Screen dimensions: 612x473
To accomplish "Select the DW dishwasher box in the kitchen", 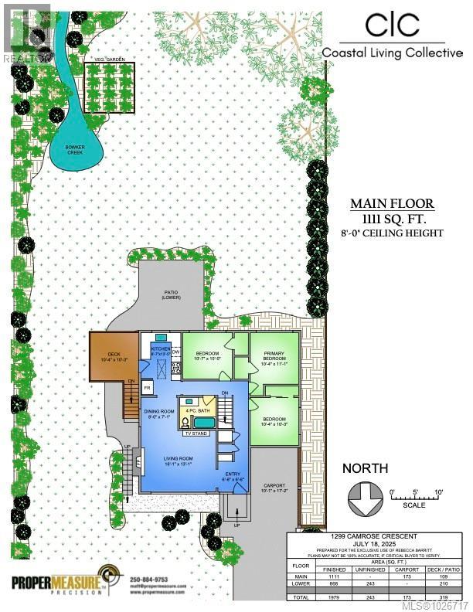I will pyautogui.click(x=175, y=352).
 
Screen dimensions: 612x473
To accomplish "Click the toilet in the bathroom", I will pyautogui.click(x=185, y=423).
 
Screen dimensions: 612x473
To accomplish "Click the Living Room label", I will pyautogui.click(x=177, y=461).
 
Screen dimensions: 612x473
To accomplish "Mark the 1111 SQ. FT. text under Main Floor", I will pyautogui.click(x=393, y=219).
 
